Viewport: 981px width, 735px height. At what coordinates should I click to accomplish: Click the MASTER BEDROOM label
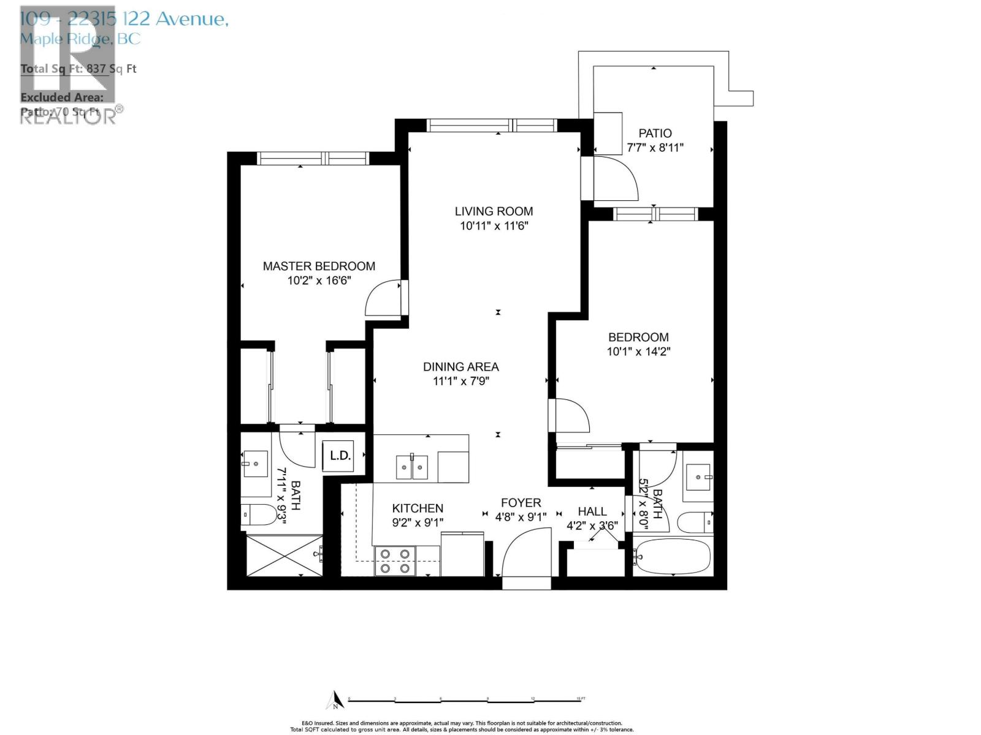(319, 266)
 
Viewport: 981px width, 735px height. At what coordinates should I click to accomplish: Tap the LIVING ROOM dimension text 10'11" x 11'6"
(494, 226)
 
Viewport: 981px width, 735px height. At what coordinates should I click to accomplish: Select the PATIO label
(655, 134)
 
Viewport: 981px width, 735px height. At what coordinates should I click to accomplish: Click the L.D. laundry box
(340, 456)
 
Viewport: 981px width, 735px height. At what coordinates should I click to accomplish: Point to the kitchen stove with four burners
(395, 560)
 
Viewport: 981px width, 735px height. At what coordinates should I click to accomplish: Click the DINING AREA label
(461, 367)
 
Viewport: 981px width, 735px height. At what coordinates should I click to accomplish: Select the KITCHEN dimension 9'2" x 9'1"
(418, 522)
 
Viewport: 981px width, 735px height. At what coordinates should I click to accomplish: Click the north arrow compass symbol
(334, 700)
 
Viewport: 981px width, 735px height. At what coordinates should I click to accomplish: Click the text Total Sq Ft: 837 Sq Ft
(78, 69)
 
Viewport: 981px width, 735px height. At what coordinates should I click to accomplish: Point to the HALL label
(592, 511)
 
